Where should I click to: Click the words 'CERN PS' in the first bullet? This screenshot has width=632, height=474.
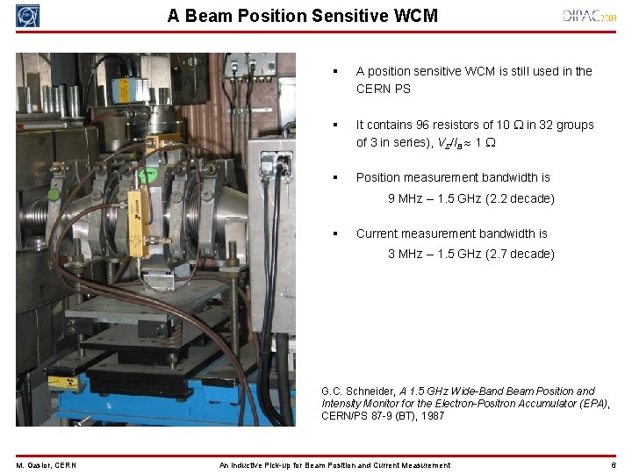[x=383, y=89]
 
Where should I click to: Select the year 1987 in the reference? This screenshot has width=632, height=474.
[x=431, y=416]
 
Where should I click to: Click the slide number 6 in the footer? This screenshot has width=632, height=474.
[x=614, y=465]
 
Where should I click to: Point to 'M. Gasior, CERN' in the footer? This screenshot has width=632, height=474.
[x=46, y=465]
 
